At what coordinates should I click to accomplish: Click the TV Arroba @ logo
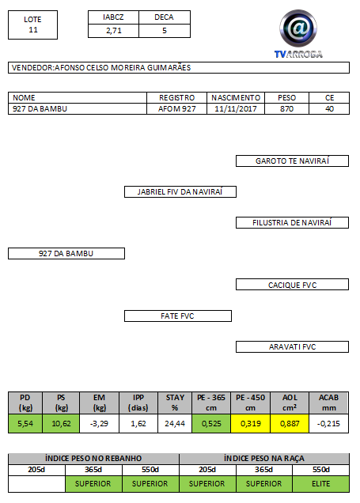tap(298, 34)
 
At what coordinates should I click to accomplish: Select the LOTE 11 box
tap(32, 25)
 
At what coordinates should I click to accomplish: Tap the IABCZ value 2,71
tap(114, 31)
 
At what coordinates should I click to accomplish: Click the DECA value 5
tap(165, 31)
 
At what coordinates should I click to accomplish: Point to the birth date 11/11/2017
tap(236, 109)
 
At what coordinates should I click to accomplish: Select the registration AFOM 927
tap(176, 109)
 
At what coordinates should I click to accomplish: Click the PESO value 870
tap(286, 109)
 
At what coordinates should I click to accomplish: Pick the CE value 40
tap(329, 109)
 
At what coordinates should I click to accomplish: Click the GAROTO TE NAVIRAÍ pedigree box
tap(292, 161)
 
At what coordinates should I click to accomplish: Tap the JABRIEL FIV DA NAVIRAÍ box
tap(180, 192)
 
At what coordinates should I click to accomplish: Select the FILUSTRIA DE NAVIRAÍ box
tap(292, 222)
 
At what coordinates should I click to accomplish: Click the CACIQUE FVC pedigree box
tap(292, 285)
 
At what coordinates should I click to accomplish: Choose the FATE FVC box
tap(178, 316)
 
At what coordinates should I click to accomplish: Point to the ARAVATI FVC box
tap(292, 346)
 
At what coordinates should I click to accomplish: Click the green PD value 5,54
tap(25, 423)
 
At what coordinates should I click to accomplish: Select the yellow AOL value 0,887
tap(290, 423)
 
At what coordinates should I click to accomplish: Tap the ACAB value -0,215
tap(329, 423)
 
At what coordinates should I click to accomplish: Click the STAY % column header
tap(175, 403)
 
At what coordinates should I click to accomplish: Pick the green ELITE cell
tap(321, 484)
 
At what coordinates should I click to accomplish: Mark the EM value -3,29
tap(100, 423)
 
